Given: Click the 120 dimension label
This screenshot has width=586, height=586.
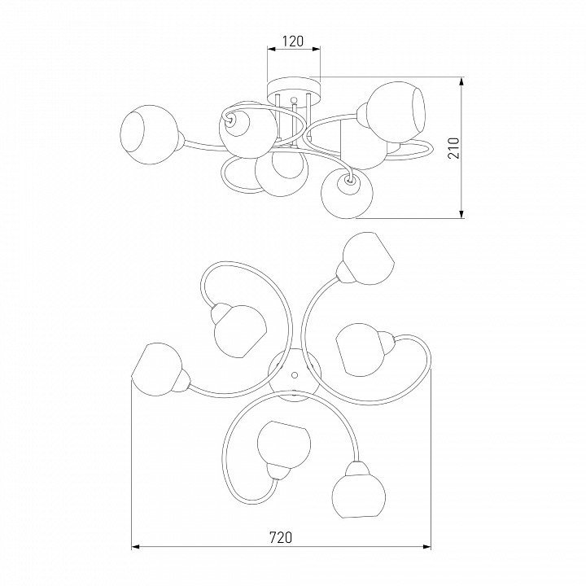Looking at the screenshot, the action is pyautogui.click(x=293, y=41).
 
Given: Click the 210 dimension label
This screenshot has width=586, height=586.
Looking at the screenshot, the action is pyautogui.click(x=453, y=148).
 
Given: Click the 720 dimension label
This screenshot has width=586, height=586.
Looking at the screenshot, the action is pyautogui.click(x=281, y=537).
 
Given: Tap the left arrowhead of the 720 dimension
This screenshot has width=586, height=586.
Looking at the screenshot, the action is pyautogui.click(x=135, y=547).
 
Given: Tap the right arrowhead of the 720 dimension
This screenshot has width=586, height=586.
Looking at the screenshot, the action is pyautogui.click(x=426, y=547).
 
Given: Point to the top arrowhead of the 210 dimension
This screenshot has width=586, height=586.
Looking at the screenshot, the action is pyautogui.click(x=462, y=81).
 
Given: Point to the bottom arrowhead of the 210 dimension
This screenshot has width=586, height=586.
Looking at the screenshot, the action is pyautogui.click(x=462, y=214).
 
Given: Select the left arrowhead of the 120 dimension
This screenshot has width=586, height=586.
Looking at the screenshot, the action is pyautogui.click(x=271, y=49).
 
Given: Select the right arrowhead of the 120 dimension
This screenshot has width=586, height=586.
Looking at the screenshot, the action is pyautogui.click(x=317, y=49).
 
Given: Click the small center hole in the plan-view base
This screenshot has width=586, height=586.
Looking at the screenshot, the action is pyautogui.click(x=295, y=374).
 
